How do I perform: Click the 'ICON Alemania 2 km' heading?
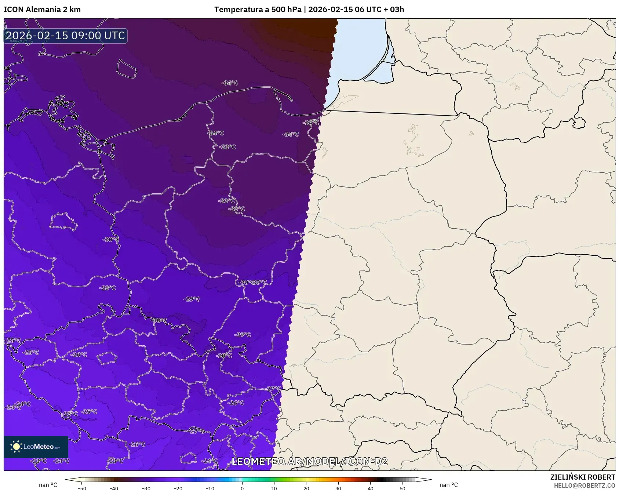[42, 10]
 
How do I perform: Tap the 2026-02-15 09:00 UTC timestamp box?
[65, 36]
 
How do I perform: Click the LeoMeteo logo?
[36, 447]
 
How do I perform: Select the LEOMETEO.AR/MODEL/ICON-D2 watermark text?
[309, 461]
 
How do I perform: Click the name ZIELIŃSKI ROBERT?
[582, 477]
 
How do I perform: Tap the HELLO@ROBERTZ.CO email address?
[584, 485]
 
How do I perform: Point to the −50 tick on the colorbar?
[82, 488]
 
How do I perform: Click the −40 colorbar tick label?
[114, 488]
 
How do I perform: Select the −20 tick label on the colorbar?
[178, 488]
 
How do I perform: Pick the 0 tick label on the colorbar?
[242, 488]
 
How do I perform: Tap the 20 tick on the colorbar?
[306, 488]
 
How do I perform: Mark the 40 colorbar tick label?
[370, 488]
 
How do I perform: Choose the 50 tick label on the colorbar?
[402, 488]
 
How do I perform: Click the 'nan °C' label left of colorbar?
[48, 485]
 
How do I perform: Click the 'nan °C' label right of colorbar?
[448, 485]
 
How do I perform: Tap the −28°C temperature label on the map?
[108, 288]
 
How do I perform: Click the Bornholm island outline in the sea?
[127, 68]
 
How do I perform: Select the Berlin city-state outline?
[63, 221]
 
